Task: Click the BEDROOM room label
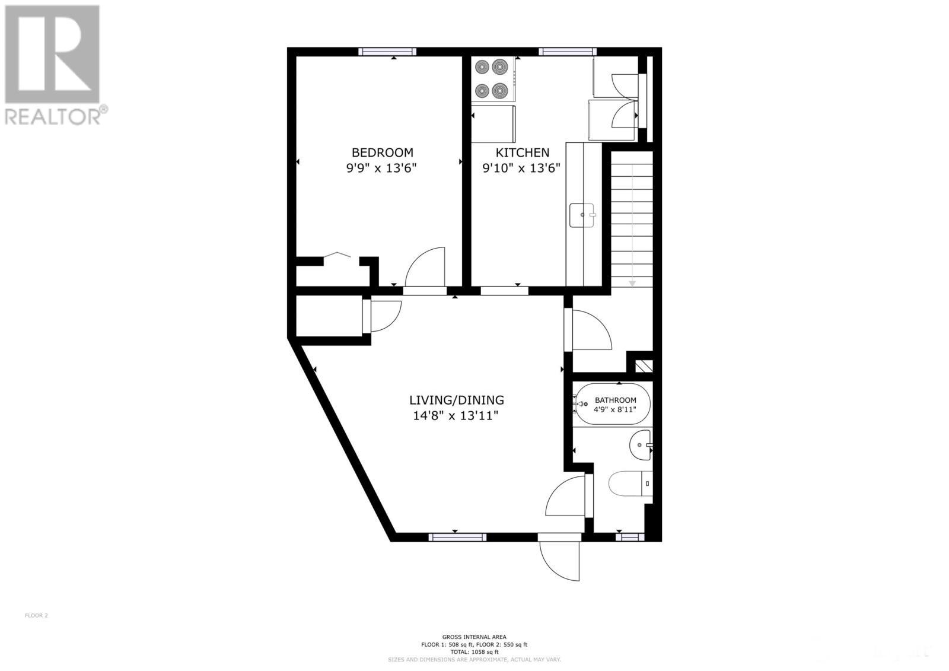tap(382, 152)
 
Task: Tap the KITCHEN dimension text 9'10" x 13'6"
tap(521, 168)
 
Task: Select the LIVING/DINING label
tap(457, 400)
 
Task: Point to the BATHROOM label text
tap(615, 400)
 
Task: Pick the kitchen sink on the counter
tap(582, 215)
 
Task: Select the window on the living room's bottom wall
tap(457, 537)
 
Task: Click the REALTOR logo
tap(53, 65)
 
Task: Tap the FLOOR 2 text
tap(36, 615)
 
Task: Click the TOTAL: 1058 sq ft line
tap(474, 652)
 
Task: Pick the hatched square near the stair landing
tap(644, 365)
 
